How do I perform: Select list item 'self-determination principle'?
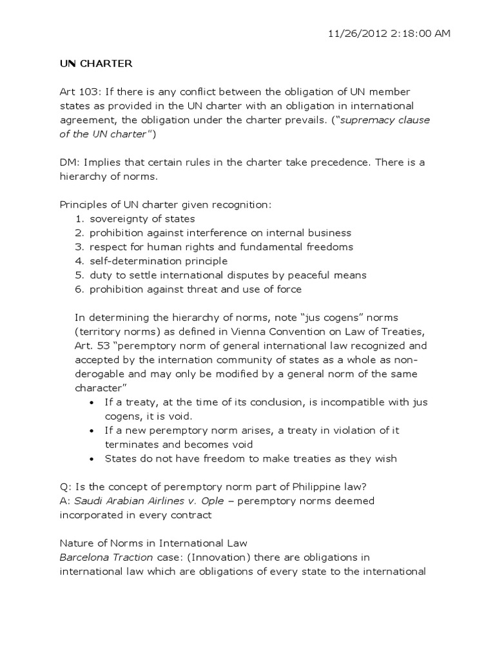coord(159,261)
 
